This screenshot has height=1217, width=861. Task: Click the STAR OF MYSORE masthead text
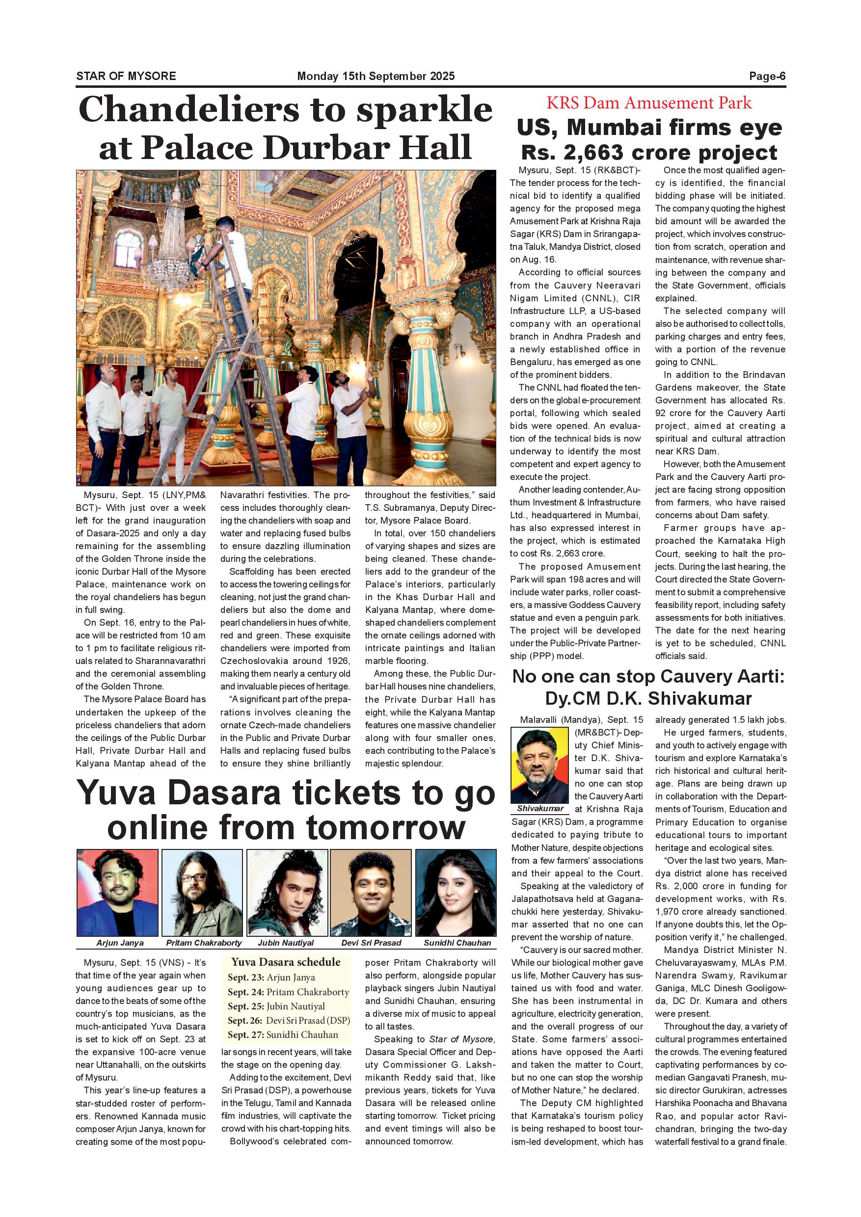tap(126, 76)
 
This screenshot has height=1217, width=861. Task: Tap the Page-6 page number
tap(767, 76)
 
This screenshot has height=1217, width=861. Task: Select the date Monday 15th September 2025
tap(376, 76)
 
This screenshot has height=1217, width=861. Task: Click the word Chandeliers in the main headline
tap(188, 110)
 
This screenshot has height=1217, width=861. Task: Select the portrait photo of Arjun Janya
tap(117, 893)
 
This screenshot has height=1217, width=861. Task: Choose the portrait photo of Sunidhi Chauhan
tap(456, 893)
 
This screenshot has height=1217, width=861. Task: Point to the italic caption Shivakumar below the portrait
tap(540, 808)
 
